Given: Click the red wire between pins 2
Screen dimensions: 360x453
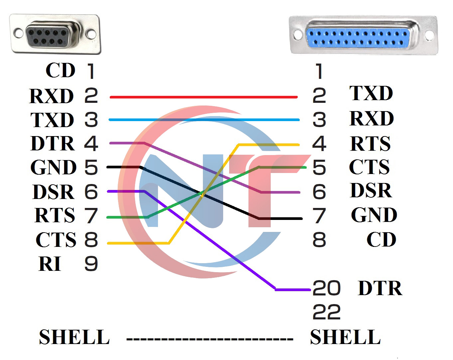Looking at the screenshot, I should coord(204,97).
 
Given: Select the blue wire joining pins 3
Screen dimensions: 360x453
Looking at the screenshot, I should coord(204,120).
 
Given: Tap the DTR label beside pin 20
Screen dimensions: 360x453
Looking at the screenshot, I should coord(380,288).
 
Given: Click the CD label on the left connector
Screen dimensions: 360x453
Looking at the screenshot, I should coord(61,71).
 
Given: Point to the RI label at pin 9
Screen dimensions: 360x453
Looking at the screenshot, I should coord(50,264).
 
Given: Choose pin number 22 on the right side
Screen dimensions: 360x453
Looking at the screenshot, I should coord(327,312).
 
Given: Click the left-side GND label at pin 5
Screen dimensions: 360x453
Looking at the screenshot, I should coord(53,167).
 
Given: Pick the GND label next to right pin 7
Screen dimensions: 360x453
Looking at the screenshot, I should coord(374,215).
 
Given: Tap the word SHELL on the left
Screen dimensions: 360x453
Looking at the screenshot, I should coord(74,337).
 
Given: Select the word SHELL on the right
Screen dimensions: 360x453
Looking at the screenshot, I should coord(345,337).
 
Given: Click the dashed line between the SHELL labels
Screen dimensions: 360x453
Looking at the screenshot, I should coord(210,339).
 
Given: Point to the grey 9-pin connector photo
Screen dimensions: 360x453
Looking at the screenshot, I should coord(55,34).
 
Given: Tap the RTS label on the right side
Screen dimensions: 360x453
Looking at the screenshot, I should coord(370,144).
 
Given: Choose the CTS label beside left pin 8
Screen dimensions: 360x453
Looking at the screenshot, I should coord(56,240).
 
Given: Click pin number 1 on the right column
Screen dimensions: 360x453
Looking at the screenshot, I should coord(319,72).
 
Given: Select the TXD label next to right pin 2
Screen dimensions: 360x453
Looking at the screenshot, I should coord(371,93).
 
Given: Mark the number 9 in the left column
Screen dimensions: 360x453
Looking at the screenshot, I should coord(91,264).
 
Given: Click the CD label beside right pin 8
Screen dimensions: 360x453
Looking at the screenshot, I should coord(381,240).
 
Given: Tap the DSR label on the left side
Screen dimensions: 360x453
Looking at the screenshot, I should coord(53,192).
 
